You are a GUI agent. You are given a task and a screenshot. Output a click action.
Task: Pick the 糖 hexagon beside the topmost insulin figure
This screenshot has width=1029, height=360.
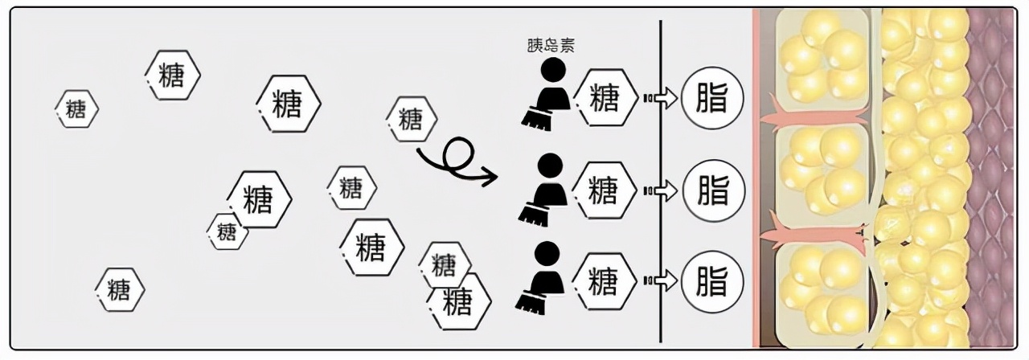pyautogui.click(x=604, y=99)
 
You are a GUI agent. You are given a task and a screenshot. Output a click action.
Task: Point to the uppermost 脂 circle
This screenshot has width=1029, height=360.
pyautogui.click(x=713, y=99)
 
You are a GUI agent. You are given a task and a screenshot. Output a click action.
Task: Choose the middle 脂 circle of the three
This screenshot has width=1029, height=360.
pyautogui.click(x=713, y=190)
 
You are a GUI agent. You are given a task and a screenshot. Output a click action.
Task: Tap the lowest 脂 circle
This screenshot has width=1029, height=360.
pyautogui.click(x=713, y=281)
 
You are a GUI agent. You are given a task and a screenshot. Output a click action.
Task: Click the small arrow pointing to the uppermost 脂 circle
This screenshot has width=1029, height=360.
pyautogui.click(x=663, y=99)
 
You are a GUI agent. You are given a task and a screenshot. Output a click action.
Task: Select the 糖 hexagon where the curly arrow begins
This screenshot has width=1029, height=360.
pyautogui.click(x=411, y=120)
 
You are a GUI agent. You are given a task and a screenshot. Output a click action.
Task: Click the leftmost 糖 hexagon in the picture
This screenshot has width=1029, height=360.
pyautogui.click(x=77, y=108)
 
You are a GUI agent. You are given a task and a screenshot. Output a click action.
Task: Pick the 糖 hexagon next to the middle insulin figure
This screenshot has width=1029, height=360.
pyautogui.click(x=604, y=190)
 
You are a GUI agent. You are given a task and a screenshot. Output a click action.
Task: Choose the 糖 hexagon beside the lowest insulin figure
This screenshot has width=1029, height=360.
pyautogui.click(x=604, y=281)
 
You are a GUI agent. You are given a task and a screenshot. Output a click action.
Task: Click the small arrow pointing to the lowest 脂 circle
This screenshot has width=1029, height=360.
pyautogui.click(x=663, y=281)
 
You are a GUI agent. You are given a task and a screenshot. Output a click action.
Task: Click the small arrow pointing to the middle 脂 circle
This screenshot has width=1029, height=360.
pyautogui.click(x=663, y=190)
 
